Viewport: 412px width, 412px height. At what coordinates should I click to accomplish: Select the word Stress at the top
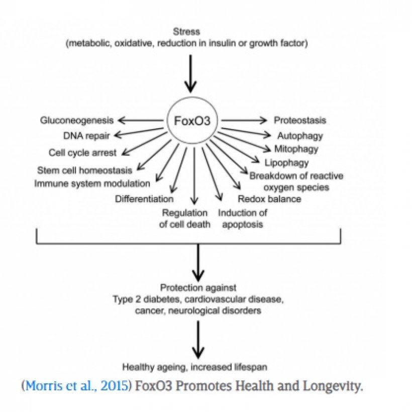pyautogui.click(x=186, y=32)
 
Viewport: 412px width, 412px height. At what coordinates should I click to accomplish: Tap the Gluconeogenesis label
pyautogui.click(x=77, y=121)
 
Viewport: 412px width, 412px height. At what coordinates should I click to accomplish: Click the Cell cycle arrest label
pyautogui.click(x=82, y=152)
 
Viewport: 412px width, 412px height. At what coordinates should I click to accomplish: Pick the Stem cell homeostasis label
pyautogui.click(x=84, y=170)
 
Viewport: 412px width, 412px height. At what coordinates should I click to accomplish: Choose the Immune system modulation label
pyautogui.click(x=92, y=183)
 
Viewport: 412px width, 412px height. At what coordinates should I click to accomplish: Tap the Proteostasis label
pyautogui.click(x=300, y=121)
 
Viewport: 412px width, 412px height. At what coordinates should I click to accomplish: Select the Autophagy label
pyautogui.click(x=300, y=136)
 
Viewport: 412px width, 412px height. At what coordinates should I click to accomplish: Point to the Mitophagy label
pyautogui.click(x=296, y=149)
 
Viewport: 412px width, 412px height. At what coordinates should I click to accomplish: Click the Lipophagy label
pyautogui.click(x=286, y=163)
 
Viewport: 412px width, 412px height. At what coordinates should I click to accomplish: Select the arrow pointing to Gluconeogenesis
pyautogui.click(x=141, y=121)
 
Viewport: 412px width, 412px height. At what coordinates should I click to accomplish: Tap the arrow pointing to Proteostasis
pyautogui.click(x=244, y=121)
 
